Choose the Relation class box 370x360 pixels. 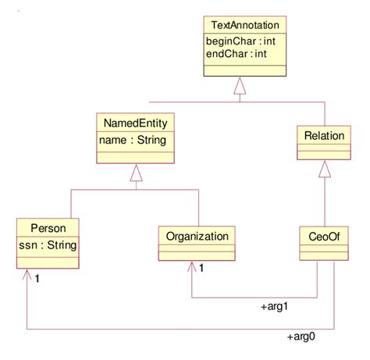click(x=324, y=141)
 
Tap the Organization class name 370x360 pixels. click(x=197, y=235)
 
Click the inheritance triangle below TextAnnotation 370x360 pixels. click(x=240, y=94)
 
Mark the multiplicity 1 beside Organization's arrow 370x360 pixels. click(x=201, y=270)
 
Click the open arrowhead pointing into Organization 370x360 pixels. click(x=191, y=268)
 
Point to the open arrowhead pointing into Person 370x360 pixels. click(x=27, y=276)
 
